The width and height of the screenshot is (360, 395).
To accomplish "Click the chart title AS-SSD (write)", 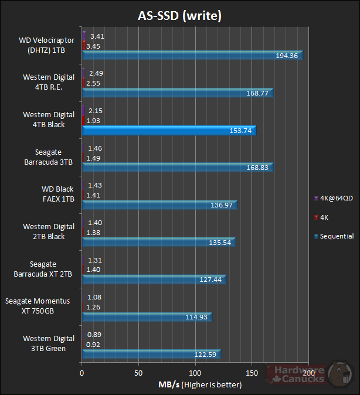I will tap(179, 16).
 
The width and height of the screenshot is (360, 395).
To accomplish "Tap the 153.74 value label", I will tap(239, 131).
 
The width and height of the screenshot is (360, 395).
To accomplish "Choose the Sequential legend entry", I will tap(334, 236).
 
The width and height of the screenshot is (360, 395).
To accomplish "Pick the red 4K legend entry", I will tap(325, 217).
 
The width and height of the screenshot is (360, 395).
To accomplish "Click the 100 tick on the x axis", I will tap(196, 373).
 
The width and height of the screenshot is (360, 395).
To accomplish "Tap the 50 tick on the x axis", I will tap(139, 373).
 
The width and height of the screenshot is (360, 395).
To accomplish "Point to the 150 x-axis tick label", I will tap(253, 373).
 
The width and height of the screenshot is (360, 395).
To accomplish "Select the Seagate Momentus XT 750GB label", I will tap(38, 306).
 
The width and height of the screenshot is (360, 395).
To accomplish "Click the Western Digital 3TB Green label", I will tap(49, 343).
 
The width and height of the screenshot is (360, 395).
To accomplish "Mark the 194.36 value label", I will tap(287, 56).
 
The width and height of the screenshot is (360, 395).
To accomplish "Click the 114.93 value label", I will tap(196, 317).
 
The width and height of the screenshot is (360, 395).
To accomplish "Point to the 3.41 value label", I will tap(97, 36).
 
